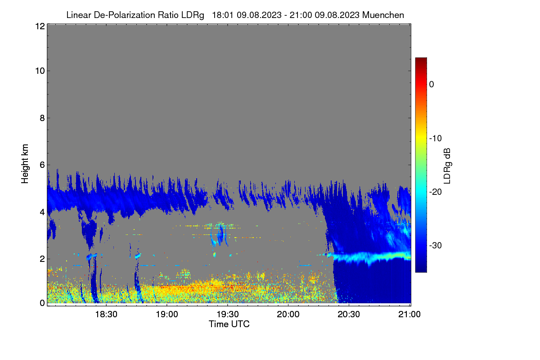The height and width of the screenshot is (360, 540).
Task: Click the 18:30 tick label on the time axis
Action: pos(106,314)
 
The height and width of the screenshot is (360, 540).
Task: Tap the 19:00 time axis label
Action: pos(167,314)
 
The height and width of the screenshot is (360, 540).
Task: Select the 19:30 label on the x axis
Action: pos(228,314)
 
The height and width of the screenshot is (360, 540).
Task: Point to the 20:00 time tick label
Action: pos(288,314)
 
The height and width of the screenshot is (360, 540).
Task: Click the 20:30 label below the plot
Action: pos(349,314)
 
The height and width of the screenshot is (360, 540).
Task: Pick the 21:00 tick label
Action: pos(409,314)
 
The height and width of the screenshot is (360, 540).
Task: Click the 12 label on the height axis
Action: pos(40,26)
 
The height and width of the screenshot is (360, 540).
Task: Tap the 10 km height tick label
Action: pos(40,71)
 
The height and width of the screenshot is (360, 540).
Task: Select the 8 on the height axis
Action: pos(42,118)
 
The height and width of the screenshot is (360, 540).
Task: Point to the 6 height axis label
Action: pos(42,165)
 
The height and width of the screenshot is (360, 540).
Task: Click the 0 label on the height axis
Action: pos(42,303)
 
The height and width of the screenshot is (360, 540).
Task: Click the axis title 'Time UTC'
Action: pos(229,324)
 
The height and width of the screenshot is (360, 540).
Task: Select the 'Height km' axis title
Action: pos(25,164)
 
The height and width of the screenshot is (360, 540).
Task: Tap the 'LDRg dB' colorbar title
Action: pos(447,166)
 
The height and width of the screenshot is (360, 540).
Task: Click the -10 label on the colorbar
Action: pos(436,139)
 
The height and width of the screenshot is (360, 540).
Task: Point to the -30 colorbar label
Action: pos(436,245)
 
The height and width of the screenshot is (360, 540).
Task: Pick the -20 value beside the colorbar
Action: pos(436,192)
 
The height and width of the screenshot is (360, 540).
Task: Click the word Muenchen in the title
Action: pos(383,15)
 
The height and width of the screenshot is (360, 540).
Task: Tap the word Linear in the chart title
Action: pos(79,15)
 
